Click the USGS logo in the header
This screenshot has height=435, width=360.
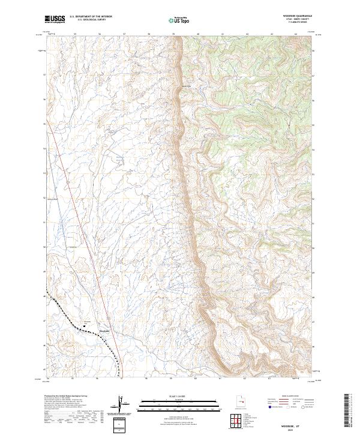(55, 19)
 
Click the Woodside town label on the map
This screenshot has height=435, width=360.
(104, 330)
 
